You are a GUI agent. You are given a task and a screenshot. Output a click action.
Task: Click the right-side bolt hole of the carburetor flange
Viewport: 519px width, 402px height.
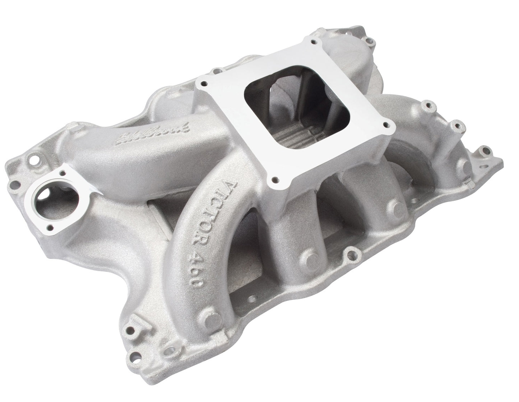pos(386,125)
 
